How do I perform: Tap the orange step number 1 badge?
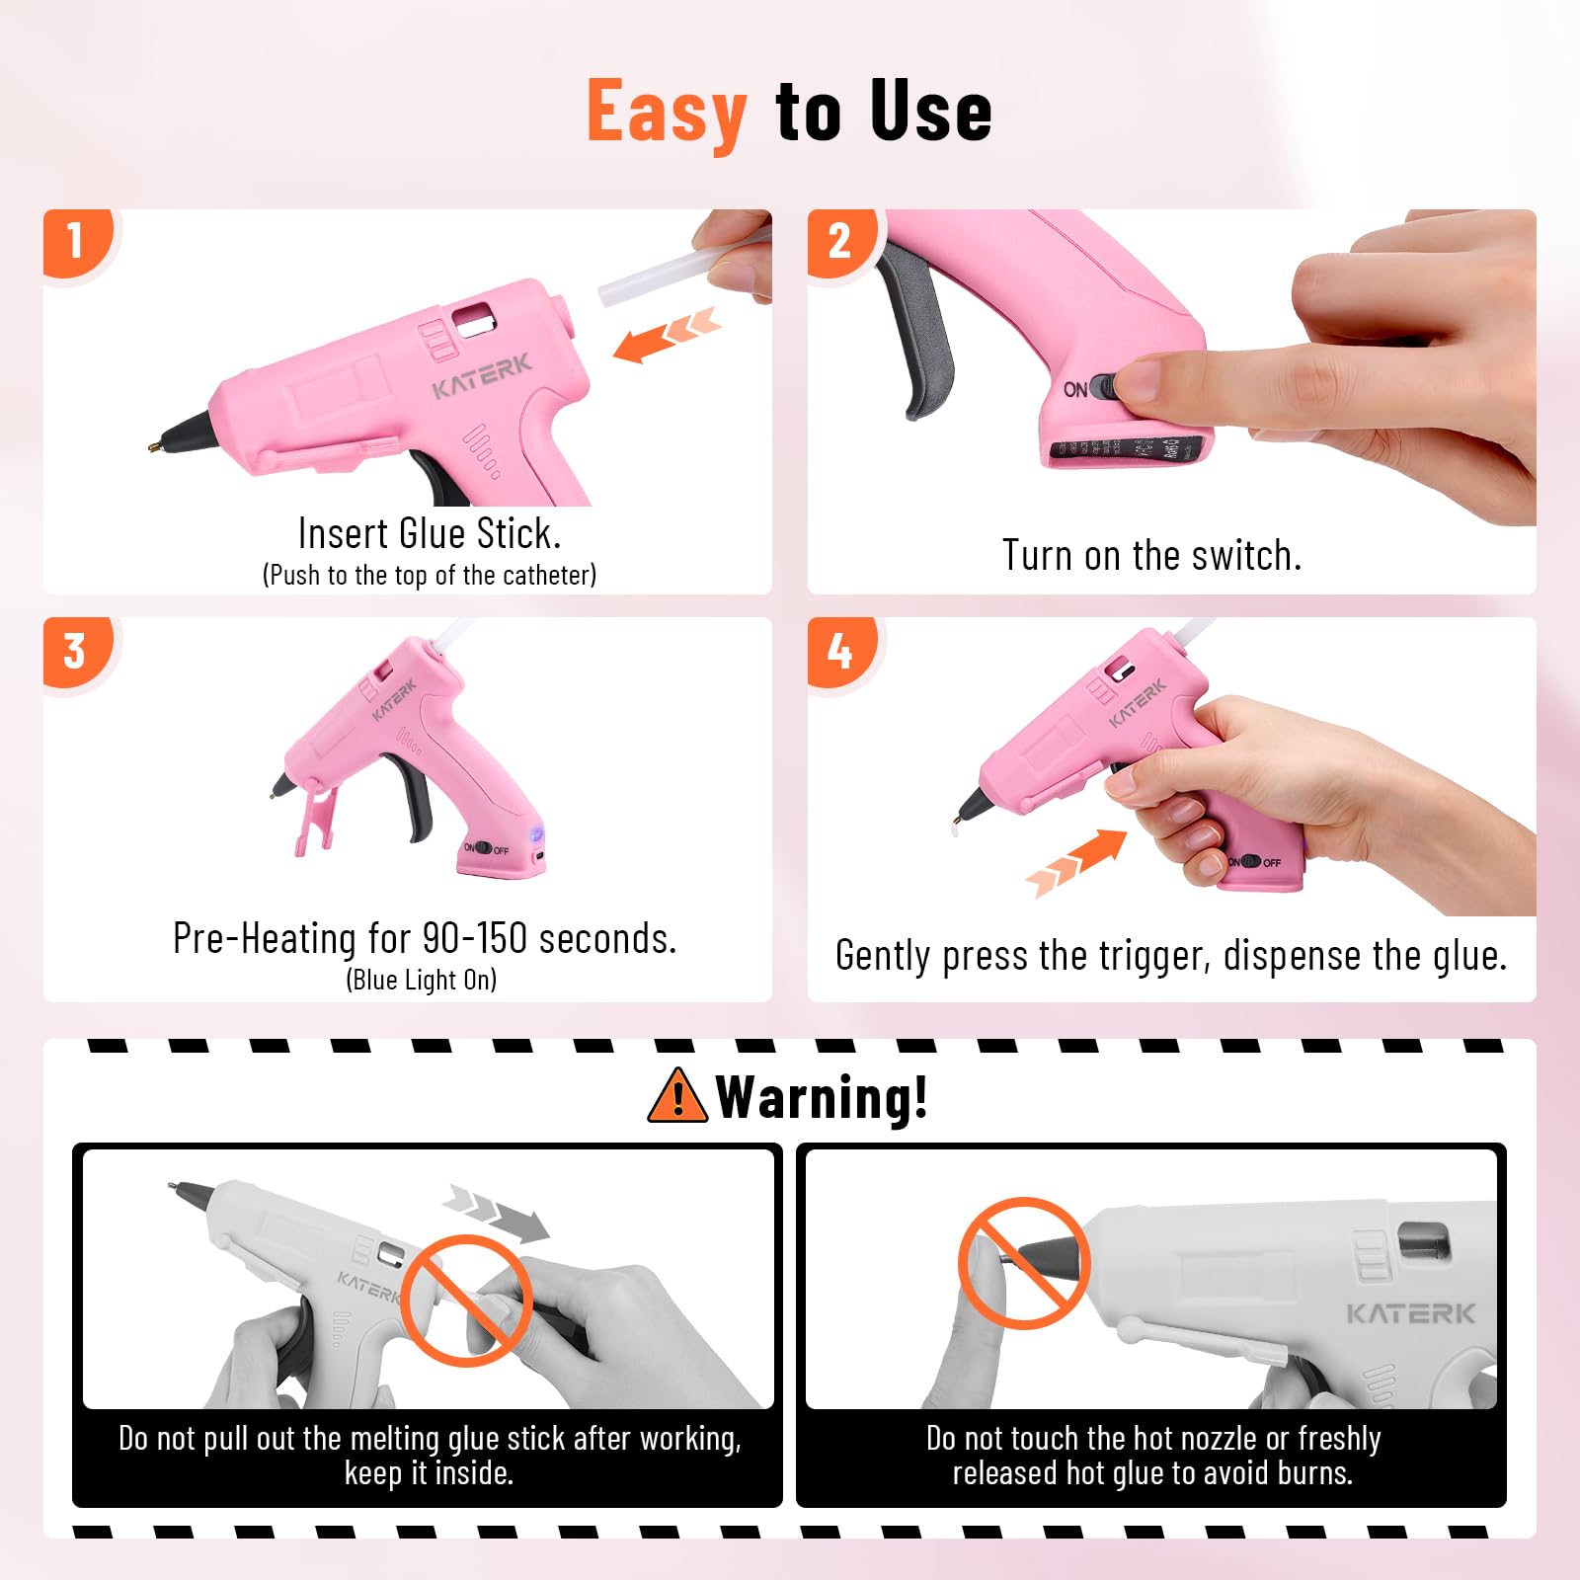point(77,242)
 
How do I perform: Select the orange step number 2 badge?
point(840,242)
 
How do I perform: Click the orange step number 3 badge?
point(77,652)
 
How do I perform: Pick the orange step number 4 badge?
point(840,652)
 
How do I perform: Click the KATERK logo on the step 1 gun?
point(482,376)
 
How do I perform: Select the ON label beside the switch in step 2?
point(1075,390)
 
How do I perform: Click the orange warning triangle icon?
point(677,1096)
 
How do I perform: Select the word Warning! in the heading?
point(823,1097)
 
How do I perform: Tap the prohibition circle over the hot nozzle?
point(1024,1263)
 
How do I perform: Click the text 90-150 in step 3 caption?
point(474,938)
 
